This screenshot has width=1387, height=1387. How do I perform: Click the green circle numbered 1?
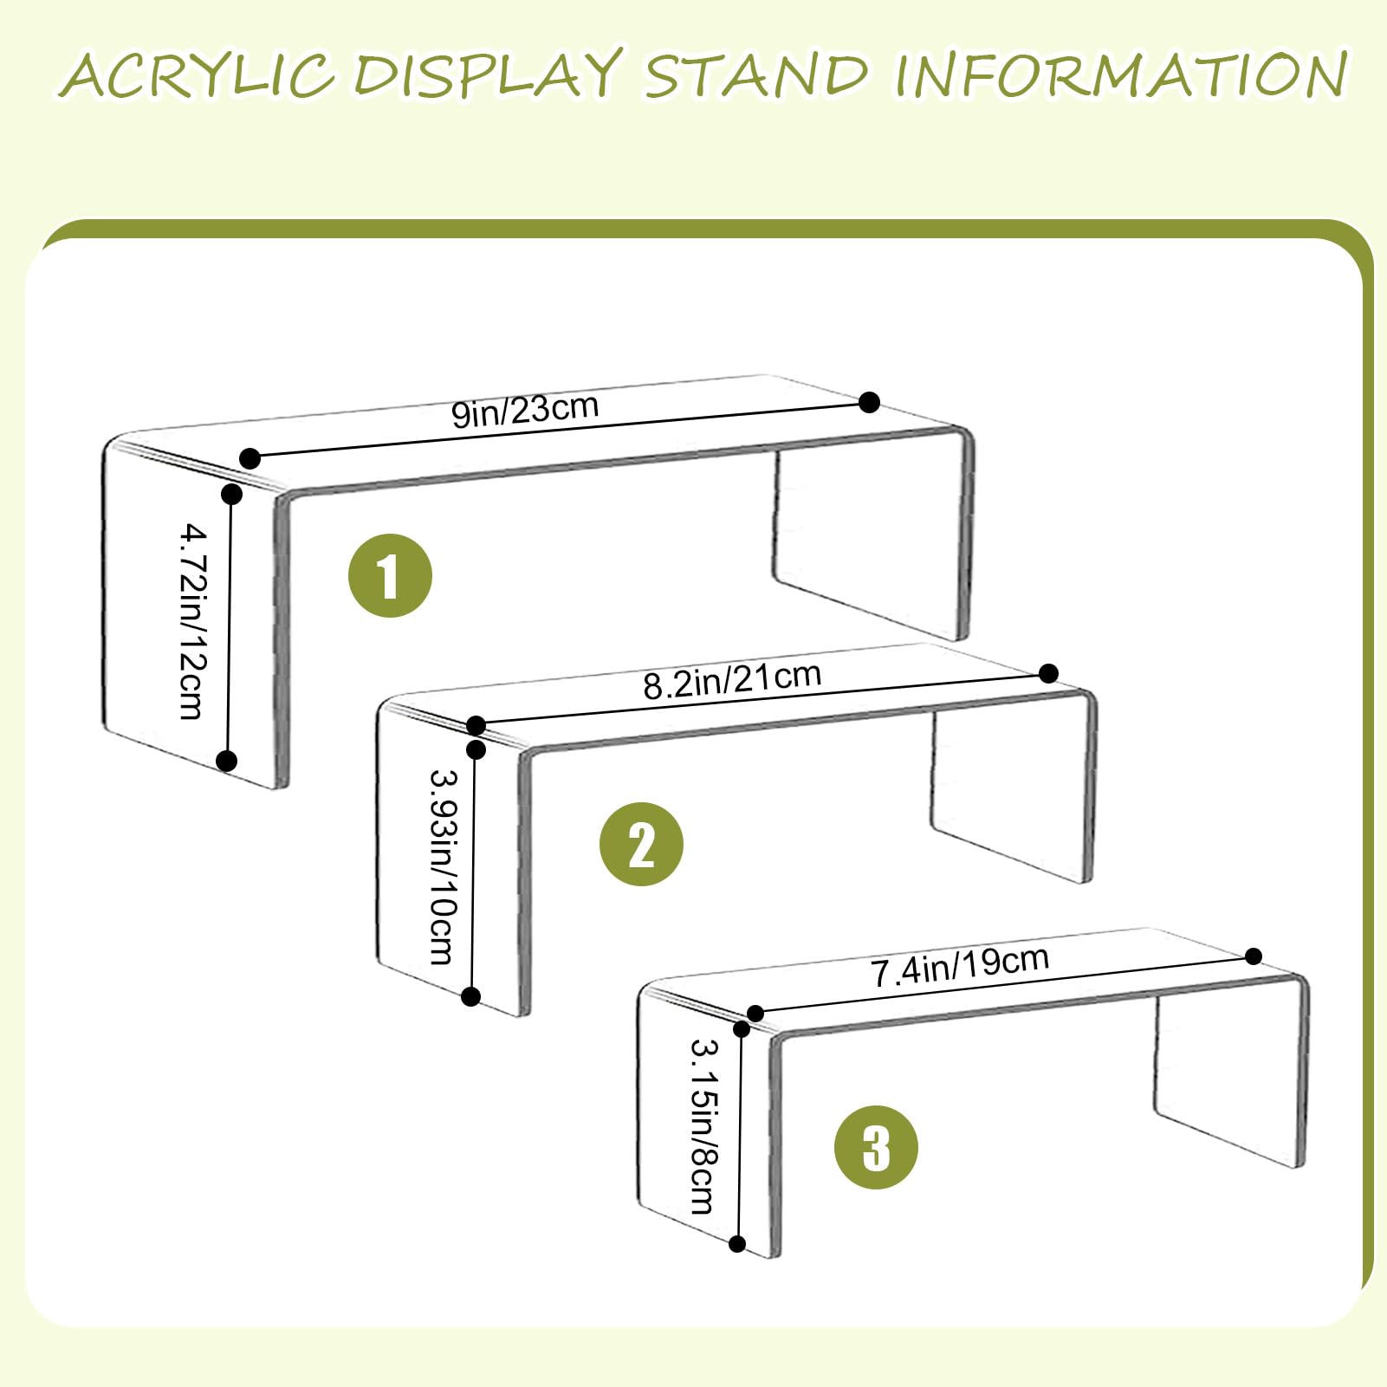pyautogui.click(x=390, y=575)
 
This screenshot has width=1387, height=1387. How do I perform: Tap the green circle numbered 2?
pyautogui.click(x=641, y=844)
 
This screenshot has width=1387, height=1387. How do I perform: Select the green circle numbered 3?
pyautogui.click(x=876, y=1147)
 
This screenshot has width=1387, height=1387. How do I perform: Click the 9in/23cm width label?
pyautogui.click(x=525, y=410)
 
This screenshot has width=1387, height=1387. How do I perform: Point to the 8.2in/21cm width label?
pyautogui.click(x=732, y=680)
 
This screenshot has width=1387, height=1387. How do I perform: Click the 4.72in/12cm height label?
pyautogui.click(x=193, y=621)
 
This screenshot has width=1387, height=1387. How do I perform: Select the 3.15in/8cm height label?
pyautogui.click(x=703, y=1126)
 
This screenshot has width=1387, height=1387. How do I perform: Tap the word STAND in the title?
pyautogui.click(x=755, y=75)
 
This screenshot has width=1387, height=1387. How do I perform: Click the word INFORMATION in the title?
pyautogui.click(x=1121, y=75)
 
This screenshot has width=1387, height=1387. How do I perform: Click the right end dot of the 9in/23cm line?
pyautogui.click(x=870, y=402)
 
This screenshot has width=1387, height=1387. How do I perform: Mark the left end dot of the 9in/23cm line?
pyautogui.click(x=250, y=458)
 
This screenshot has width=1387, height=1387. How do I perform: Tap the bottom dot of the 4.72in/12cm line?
pyautogui.click(x=227, y=761)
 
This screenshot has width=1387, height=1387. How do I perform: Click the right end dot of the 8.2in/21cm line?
pyautogui.click(x=1048, y=673)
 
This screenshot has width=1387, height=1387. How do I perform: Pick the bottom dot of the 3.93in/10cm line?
pyautogui.click(x=471, y=996)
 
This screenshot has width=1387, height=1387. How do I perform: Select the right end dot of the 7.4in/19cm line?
pyautogui.click(x=1254, y=956)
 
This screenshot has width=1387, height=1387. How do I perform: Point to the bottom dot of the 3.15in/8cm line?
pyautogui.click(x=737, y=1244)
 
